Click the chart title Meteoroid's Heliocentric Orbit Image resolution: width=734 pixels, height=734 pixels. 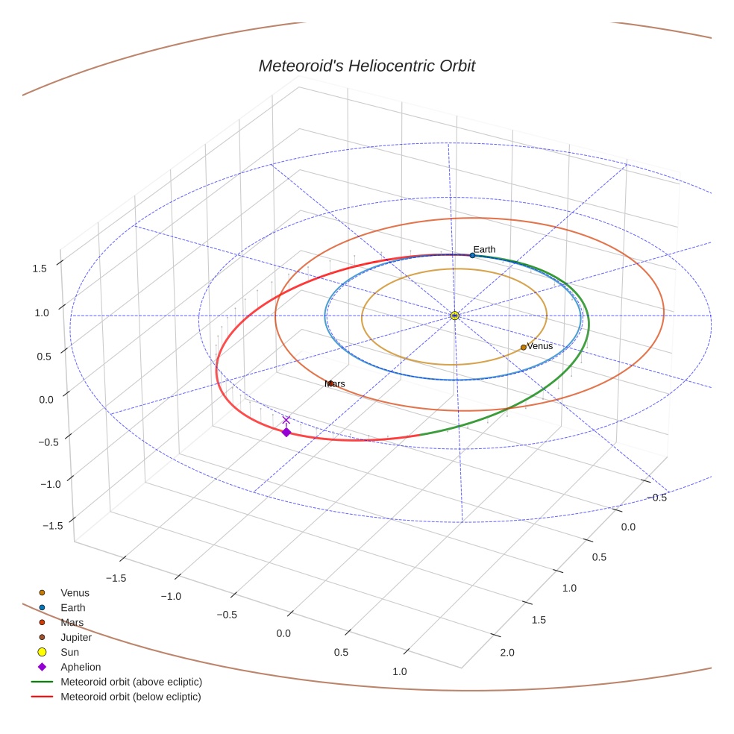[x=366, y=66]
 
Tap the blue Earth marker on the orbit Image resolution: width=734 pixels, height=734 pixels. [x=472, y=255]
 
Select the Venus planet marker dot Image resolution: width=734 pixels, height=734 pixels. [x=523, y=347]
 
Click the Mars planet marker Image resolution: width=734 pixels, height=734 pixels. [x=329, y=383]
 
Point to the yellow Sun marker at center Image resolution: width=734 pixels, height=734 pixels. [x=455, y=316]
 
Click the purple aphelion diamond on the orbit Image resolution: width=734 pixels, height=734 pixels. [x=286, y=432]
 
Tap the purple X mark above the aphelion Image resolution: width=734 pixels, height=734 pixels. [x=286, y=421]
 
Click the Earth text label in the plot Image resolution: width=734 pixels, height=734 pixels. [x=484, y=249]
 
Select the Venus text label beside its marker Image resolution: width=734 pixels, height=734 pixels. [x=540, y=346]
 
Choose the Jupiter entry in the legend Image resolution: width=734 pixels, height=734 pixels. [x=76, y=637]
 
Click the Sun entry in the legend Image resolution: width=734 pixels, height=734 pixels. [x=69, y=652]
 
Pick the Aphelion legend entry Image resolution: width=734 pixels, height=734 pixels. [x=80, y=667]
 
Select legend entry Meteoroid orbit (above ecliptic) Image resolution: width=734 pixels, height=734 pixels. [x=131, y=682]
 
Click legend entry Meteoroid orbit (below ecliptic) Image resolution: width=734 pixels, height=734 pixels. [x=131, y=697]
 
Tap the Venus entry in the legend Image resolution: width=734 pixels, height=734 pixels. [x=75, y=592]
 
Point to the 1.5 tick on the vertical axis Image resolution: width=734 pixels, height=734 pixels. [x=40, y=269]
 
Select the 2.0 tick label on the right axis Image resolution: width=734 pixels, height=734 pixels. [x=506, y=653]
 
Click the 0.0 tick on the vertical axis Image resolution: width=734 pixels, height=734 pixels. [x=46, y=399]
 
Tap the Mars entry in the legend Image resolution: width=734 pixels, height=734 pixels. [x=72, y=622]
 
